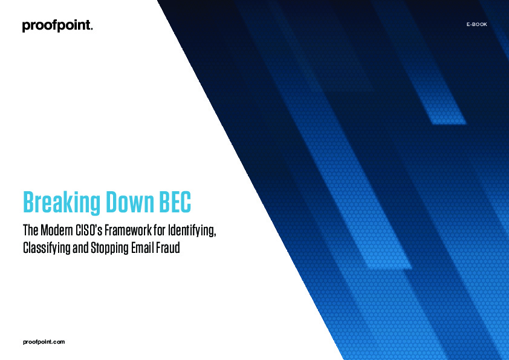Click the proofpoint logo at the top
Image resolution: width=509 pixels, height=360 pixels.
click(x=57, y=26)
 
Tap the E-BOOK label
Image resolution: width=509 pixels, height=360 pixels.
click(x=476, y=24)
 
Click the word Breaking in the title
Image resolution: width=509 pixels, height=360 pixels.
click(x=59, y=203)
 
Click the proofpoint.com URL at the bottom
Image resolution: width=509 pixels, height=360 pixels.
click(x=44, y=342)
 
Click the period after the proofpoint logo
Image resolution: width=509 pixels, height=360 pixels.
click(x=91, y=29)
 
